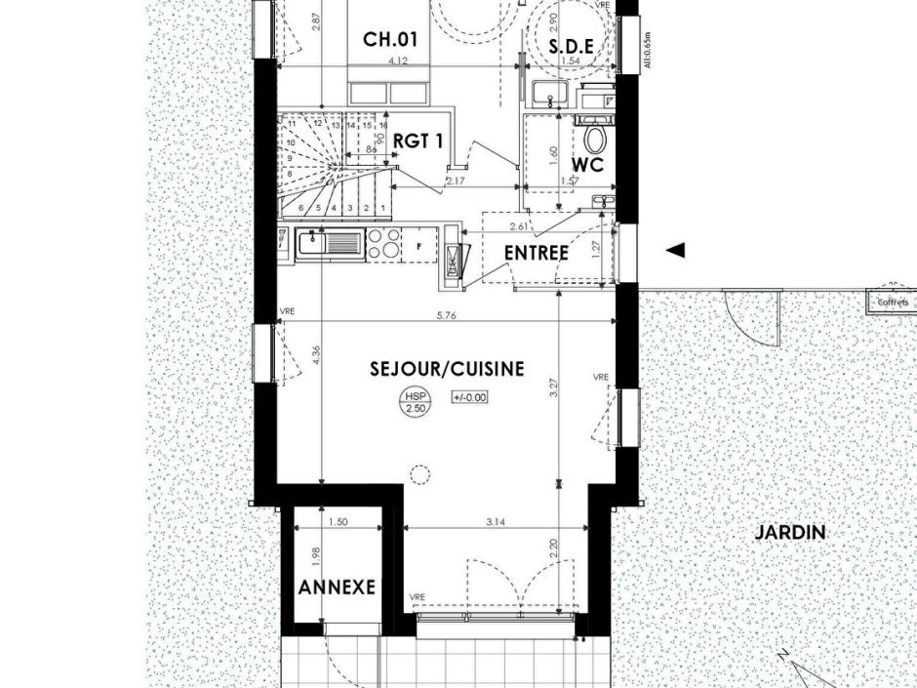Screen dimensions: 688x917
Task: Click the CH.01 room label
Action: (x=390, y=39)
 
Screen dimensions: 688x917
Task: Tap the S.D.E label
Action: (x=571, y=46)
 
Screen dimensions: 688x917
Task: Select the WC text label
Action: (x=589, y=164)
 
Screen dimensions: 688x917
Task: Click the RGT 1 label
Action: (x=419, y=141)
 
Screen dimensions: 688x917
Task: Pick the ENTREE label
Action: (x=536, y=253)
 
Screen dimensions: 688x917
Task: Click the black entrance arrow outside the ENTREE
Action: (x=675, y=251)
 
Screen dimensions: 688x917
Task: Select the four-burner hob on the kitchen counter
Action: (x=382, y=244)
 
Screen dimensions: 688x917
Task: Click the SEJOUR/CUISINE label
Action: (x=447, y=369)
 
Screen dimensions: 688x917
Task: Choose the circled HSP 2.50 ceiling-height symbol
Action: (x=416, y=401)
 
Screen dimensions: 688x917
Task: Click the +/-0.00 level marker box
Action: (x=469, y=397)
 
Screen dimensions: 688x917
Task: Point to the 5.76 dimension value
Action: (x=447, y=315)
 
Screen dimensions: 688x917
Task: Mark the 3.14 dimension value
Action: (x=496, y=522)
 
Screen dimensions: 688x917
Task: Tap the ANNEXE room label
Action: (x=337, y=587)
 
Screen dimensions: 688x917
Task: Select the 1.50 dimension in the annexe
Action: (x=338, y=522)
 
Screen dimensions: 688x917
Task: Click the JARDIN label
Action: (x=790, y=533)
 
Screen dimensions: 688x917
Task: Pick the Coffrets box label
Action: (x=893, y=303)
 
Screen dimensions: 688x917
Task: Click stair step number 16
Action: (x=383, y=126)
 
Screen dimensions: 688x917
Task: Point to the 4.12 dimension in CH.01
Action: (x=398, y=61)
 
